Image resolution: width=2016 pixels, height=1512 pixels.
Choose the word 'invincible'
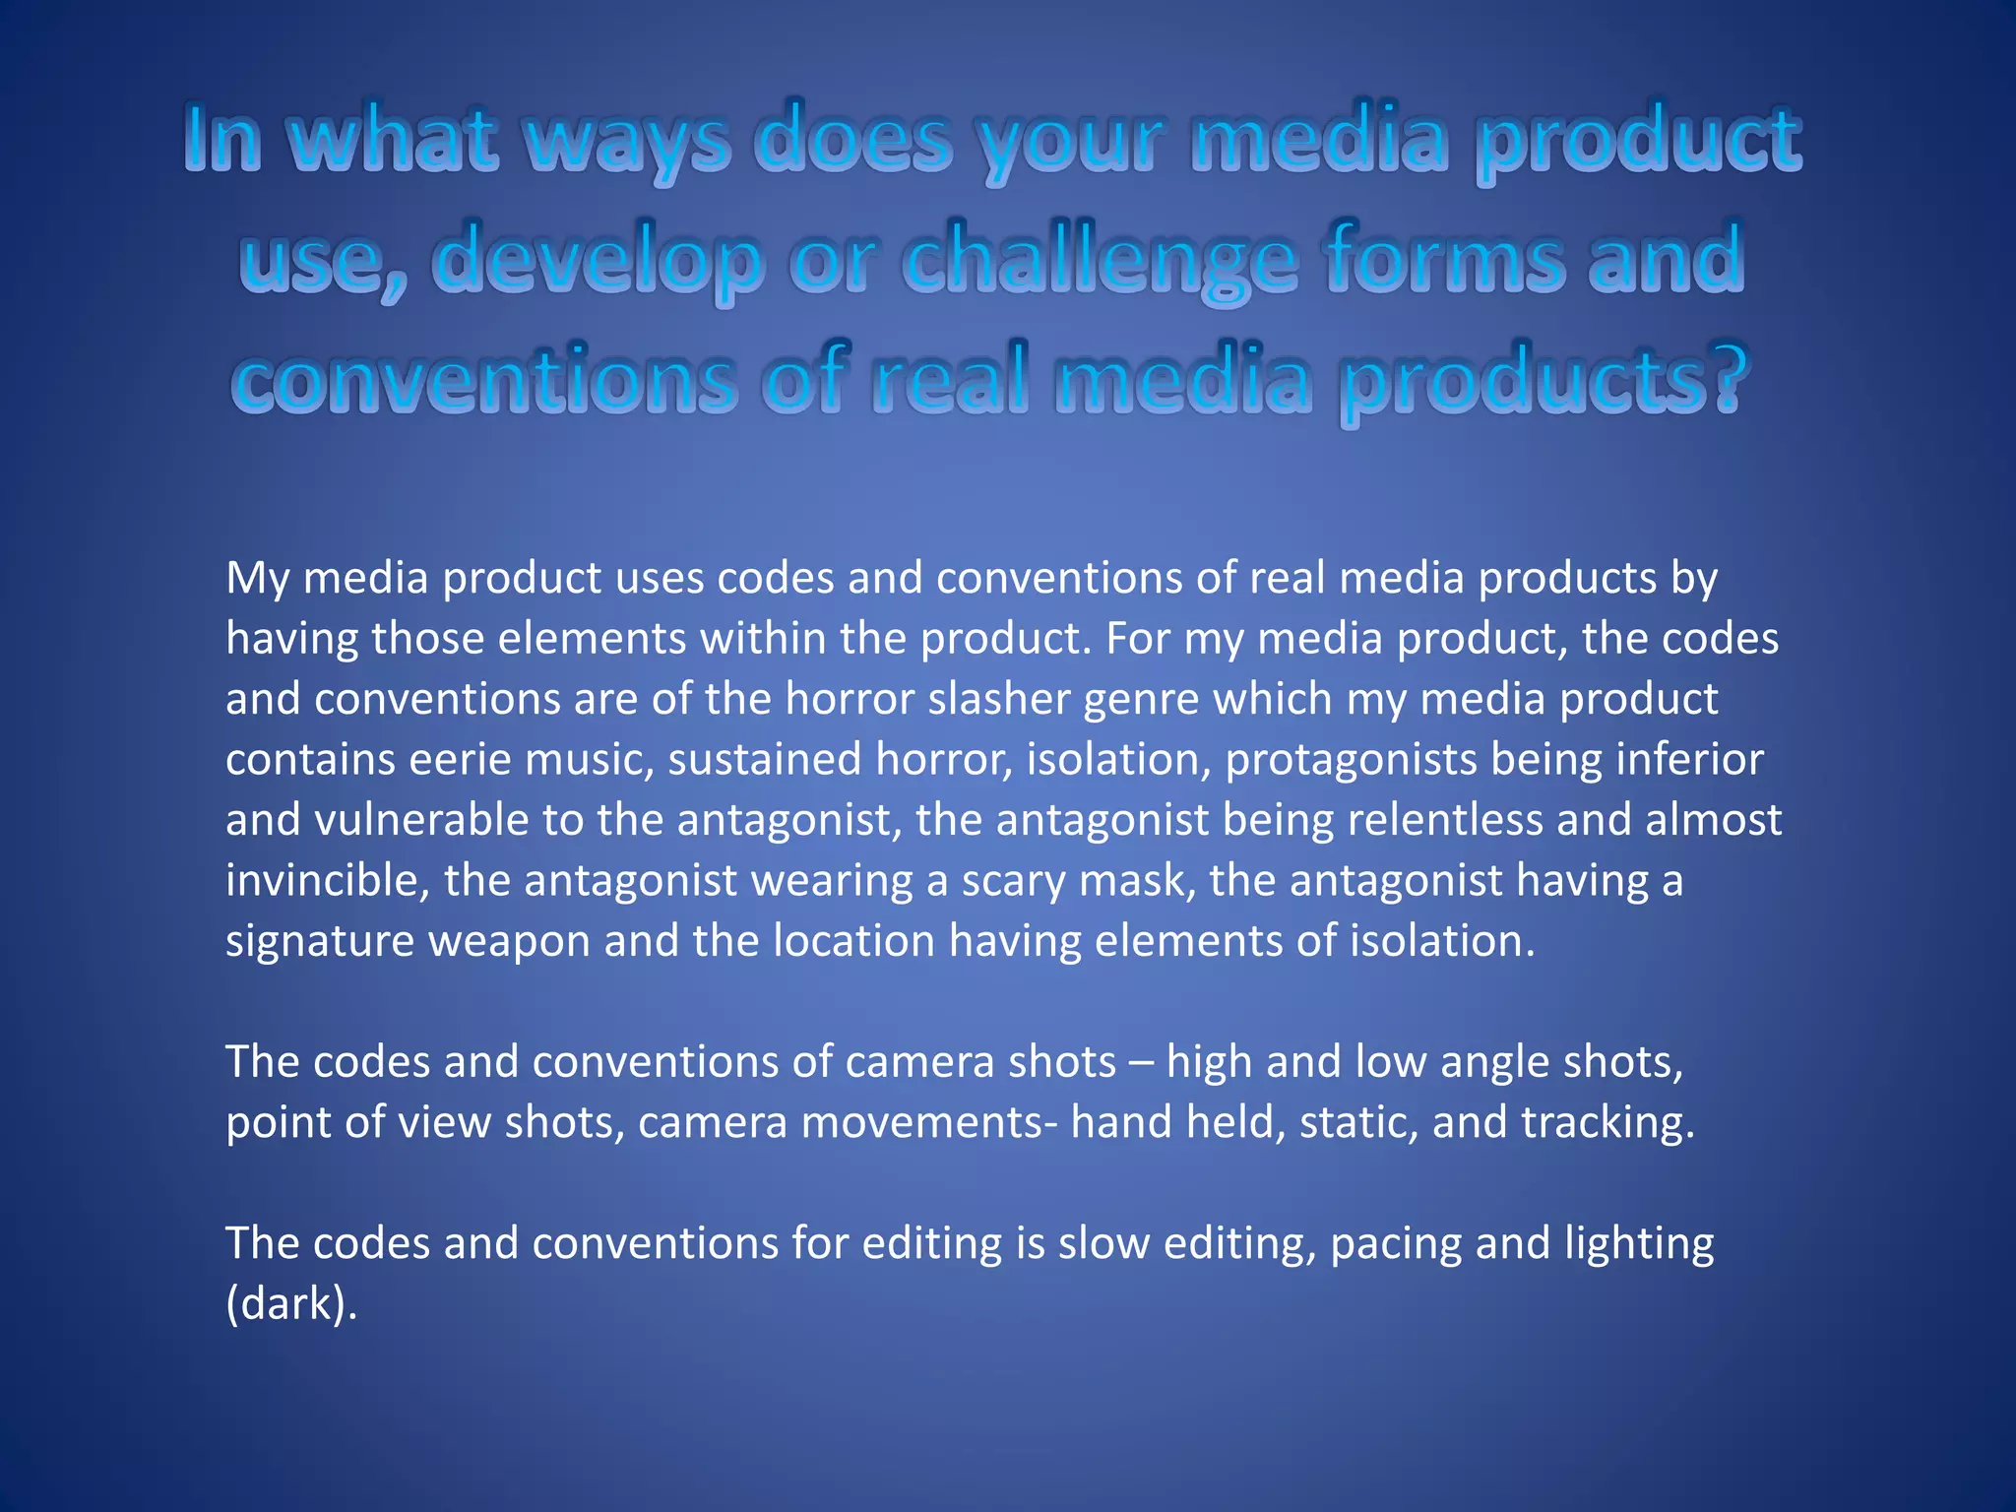pos(327,881)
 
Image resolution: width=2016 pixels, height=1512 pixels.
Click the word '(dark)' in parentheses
pos(290,1304)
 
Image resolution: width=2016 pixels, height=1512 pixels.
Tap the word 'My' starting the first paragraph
pos(258,579)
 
